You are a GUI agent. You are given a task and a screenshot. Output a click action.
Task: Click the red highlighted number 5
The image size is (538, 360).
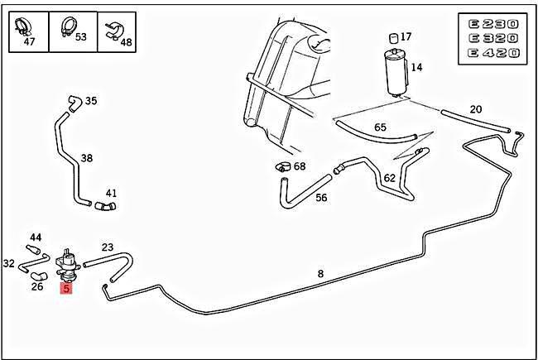tap(66, 288)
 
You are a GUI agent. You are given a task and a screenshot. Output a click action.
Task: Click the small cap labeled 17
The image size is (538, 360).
tap(392, 37)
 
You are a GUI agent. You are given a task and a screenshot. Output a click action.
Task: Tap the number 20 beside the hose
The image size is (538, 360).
tap(475, 109)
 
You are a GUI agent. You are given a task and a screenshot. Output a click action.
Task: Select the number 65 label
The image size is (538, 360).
tap(380, 127)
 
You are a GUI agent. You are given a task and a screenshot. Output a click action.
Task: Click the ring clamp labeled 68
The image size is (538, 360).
tap(282, 166)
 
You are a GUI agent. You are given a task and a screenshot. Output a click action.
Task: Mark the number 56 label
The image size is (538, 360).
tap(321, 198)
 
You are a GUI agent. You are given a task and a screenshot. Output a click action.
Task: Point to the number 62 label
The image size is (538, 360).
tap(389, 178)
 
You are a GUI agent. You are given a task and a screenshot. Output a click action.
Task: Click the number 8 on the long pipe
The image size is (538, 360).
tap(320, 273)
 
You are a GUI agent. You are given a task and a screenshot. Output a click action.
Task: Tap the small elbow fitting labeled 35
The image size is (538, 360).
tap(73, 102)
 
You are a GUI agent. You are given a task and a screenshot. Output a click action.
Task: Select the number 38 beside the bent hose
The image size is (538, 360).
tap(86, 157)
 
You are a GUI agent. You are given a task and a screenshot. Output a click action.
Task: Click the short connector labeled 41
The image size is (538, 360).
tap(105, 204)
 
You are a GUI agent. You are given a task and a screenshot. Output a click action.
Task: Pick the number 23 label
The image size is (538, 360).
tap(108, 247)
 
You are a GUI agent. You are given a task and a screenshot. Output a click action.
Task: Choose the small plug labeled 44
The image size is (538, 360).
tap(35, 248)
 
